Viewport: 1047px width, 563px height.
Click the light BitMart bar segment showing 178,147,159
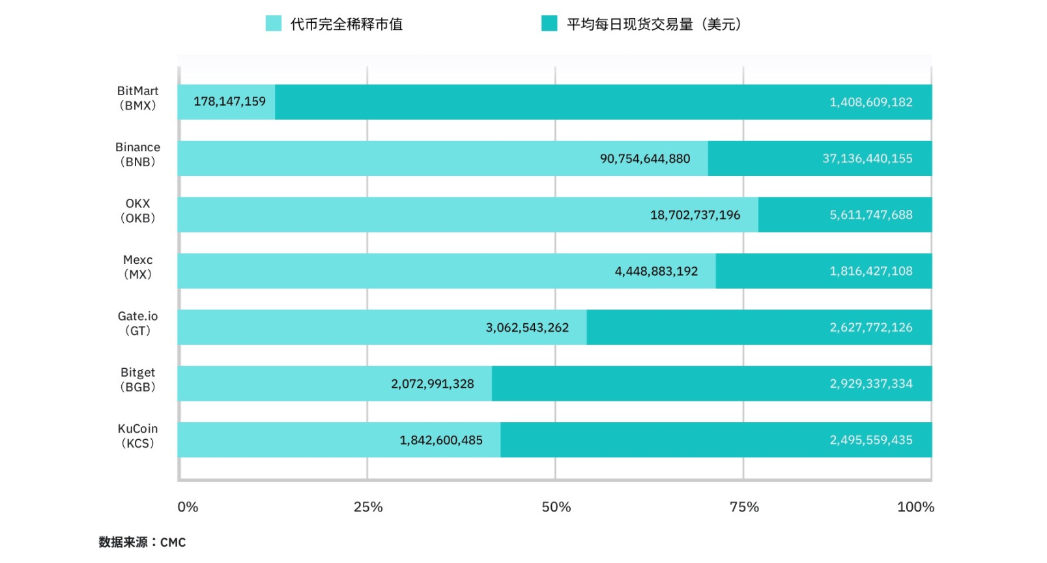(226, 102)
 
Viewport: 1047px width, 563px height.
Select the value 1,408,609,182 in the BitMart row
(870, 102)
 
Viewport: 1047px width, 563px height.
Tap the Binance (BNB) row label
(137, 154)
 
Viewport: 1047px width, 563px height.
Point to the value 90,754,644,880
(644, 159)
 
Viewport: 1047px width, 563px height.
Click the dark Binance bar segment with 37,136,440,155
(820, 158)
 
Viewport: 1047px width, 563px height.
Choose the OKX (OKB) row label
(137, 210)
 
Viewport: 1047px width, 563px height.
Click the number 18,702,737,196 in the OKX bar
(695, 215)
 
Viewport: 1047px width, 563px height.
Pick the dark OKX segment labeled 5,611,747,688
(844, 215)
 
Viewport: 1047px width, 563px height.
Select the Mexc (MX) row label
(137, 267)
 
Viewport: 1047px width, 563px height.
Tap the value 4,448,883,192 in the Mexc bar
(656, 271)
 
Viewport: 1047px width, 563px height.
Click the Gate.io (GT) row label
(137, 323)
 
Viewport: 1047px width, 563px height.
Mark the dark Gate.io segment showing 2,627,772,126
(759, 327)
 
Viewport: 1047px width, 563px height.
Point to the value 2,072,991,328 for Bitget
(432, 384)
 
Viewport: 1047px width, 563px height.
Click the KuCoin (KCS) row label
(137, 436)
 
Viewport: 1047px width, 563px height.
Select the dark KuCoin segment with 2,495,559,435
(716, 440)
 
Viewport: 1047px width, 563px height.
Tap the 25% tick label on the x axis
(368, 507)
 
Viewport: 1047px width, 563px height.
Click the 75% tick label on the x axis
(744, 507)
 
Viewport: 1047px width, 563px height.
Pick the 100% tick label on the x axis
(915, 507)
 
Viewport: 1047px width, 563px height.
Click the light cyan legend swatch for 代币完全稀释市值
(274, 24)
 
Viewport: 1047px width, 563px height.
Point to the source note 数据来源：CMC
(142, 542)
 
